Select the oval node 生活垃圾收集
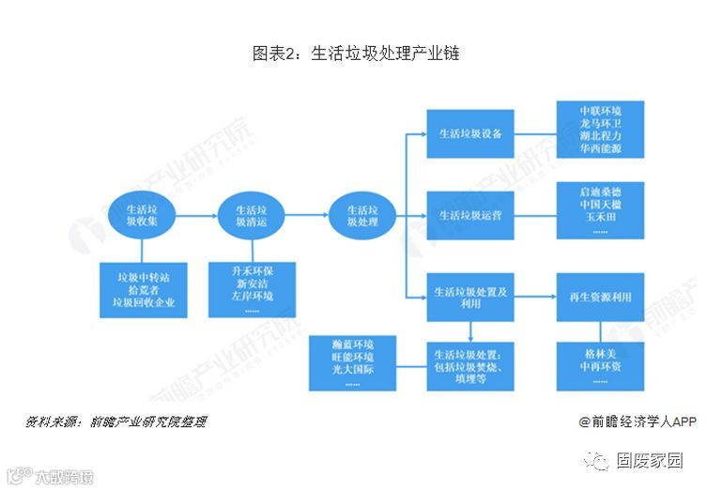point(142,217)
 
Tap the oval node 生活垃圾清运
point(252,217)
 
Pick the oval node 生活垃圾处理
point(362,217)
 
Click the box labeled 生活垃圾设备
point(470,133)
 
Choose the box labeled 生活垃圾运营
point(470,215)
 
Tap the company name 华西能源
point(600,149)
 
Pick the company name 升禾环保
point(252,270)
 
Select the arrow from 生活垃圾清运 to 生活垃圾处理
point(307,217)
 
